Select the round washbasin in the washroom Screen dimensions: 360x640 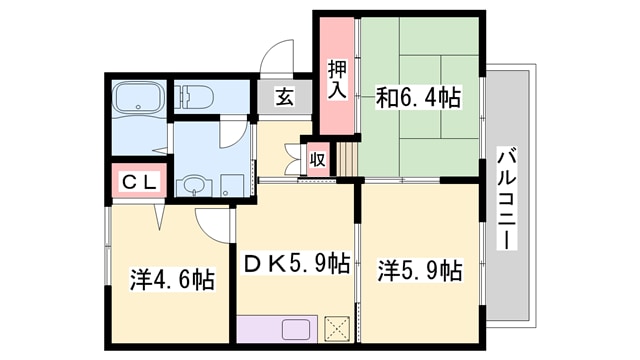pos(192,186)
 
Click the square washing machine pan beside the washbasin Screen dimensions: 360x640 pos(232,184)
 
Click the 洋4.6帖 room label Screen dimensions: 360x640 pos(171,278)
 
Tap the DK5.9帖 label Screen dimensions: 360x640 pos(297,265)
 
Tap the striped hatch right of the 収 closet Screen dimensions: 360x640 pos(345,158)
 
